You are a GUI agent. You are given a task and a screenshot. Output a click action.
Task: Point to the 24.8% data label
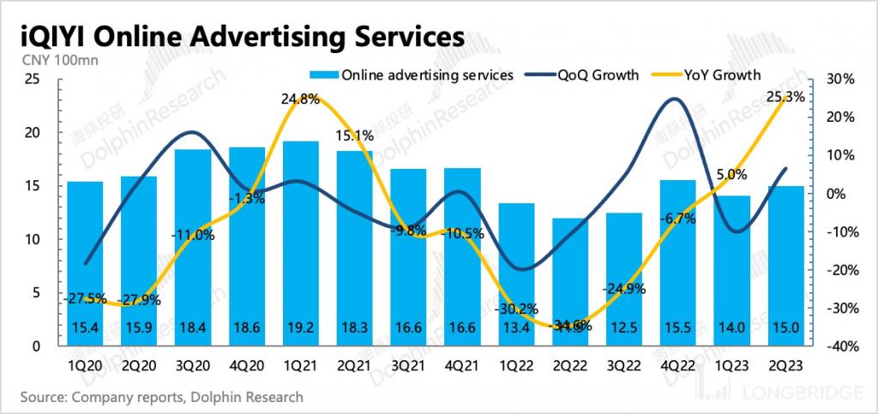click(x=300, y=99)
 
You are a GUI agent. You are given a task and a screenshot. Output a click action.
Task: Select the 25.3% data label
click(x=785, y=98)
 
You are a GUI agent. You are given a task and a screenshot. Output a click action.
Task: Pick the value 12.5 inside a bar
click(x=625, y=329)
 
